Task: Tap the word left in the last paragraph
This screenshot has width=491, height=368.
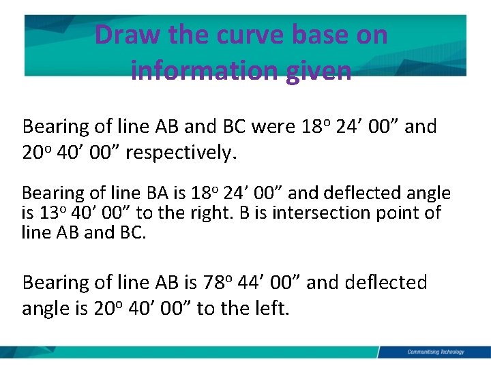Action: point(273,309)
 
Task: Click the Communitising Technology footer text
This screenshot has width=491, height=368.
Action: point(435,352)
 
